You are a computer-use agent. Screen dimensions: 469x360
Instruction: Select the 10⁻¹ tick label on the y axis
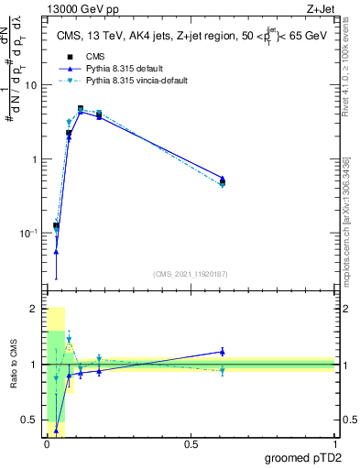coord(29,234)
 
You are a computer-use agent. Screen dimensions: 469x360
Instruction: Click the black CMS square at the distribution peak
coord(81,109)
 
